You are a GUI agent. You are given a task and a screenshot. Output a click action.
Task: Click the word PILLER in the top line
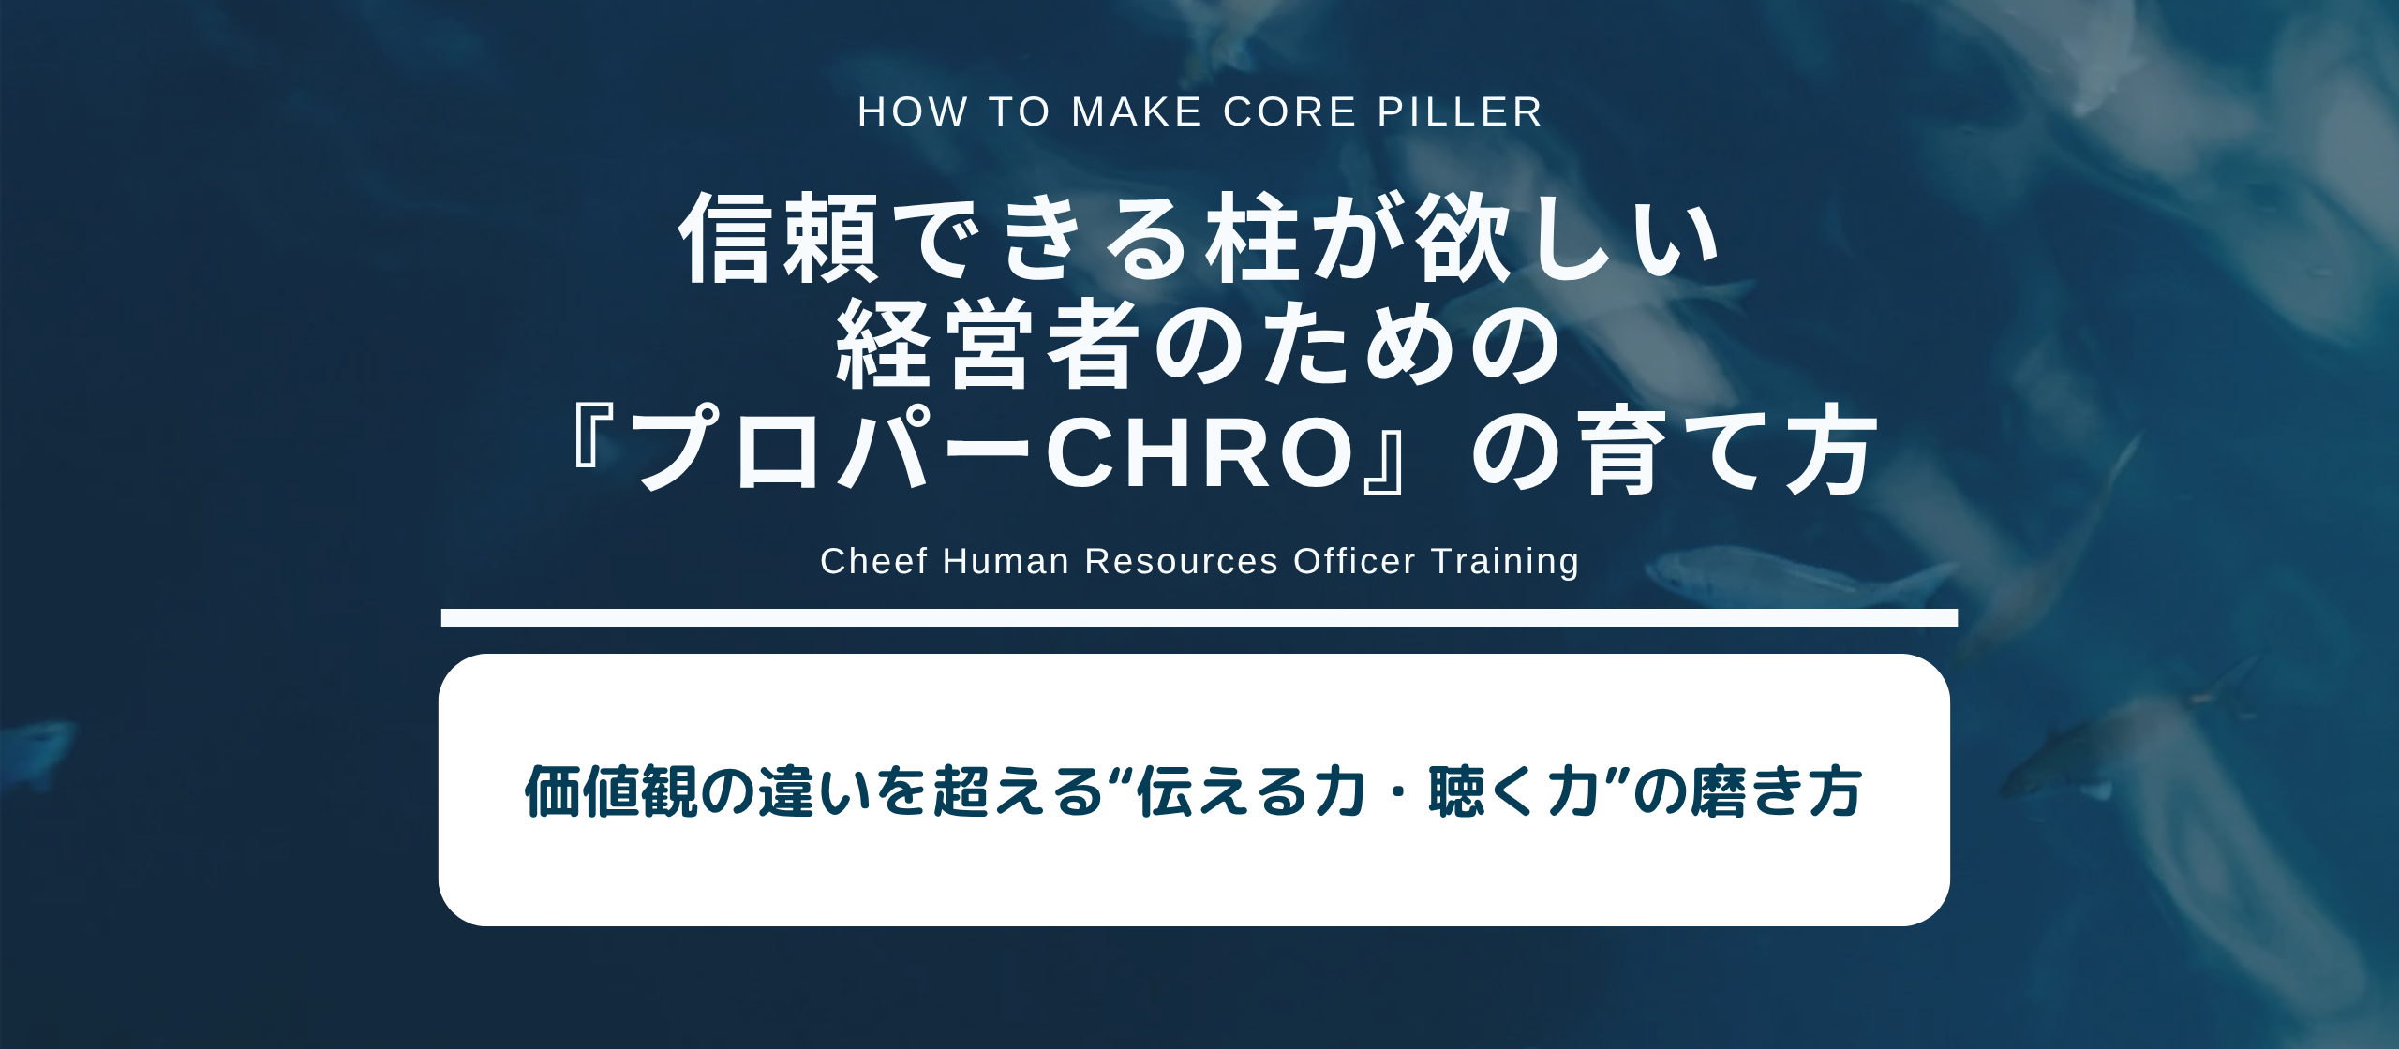point(1459,112)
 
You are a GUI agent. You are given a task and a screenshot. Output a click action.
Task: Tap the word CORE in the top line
point(1289,112)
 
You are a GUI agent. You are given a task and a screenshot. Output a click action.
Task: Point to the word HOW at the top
point(913,112)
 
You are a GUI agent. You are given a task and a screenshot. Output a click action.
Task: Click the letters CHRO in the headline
point(1200,452)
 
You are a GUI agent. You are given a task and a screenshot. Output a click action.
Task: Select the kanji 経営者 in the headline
point(984,346)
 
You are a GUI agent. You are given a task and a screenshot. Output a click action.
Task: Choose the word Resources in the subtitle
point(1181,561)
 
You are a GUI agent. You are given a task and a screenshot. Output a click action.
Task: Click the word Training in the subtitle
point(1505,561)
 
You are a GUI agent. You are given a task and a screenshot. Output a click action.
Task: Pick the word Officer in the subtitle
point(1354,561)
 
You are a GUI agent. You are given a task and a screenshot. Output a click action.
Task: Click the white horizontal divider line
point(1199,617)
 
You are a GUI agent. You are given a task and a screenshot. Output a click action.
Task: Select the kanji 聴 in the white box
point(1456,791)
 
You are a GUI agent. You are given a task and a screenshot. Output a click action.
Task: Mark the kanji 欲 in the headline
point(1463,238)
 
